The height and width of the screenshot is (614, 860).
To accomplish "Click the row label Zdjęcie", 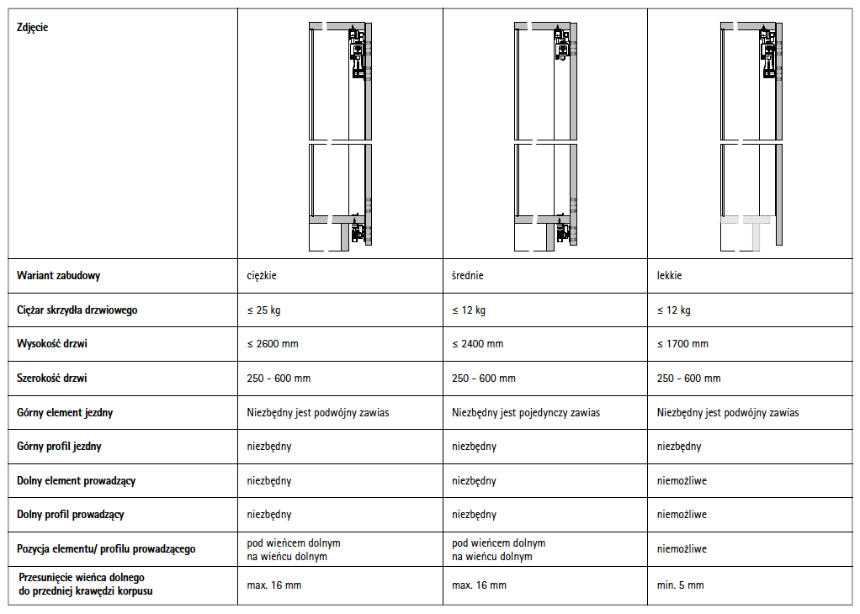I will pos(33,27).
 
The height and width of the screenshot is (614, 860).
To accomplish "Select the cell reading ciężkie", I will pos(263,276).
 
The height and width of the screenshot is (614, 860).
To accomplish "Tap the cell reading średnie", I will pos(468,276).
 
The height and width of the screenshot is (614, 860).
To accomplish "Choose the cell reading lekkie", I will pos(669,276).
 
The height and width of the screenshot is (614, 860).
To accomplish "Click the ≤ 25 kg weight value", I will pos(264,310).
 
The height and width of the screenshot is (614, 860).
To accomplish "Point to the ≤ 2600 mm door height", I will pos(273,344).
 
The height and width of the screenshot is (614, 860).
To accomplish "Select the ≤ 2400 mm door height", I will pos(478,344).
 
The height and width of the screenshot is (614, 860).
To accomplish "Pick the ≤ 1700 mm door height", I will pos(682,344).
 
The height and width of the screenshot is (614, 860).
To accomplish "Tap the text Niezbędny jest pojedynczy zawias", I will pos(526,413).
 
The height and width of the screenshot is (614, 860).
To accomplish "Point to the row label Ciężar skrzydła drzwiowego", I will pos(77,310).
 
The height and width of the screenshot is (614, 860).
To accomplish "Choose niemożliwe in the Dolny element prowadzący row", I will pos(682,481).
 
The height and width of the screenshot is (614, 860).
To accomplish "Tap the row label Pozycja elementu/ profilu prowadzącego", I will pos(106,549).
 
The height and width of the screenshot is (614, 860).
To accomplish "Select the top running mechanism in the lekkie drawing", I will pos(768,54).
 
